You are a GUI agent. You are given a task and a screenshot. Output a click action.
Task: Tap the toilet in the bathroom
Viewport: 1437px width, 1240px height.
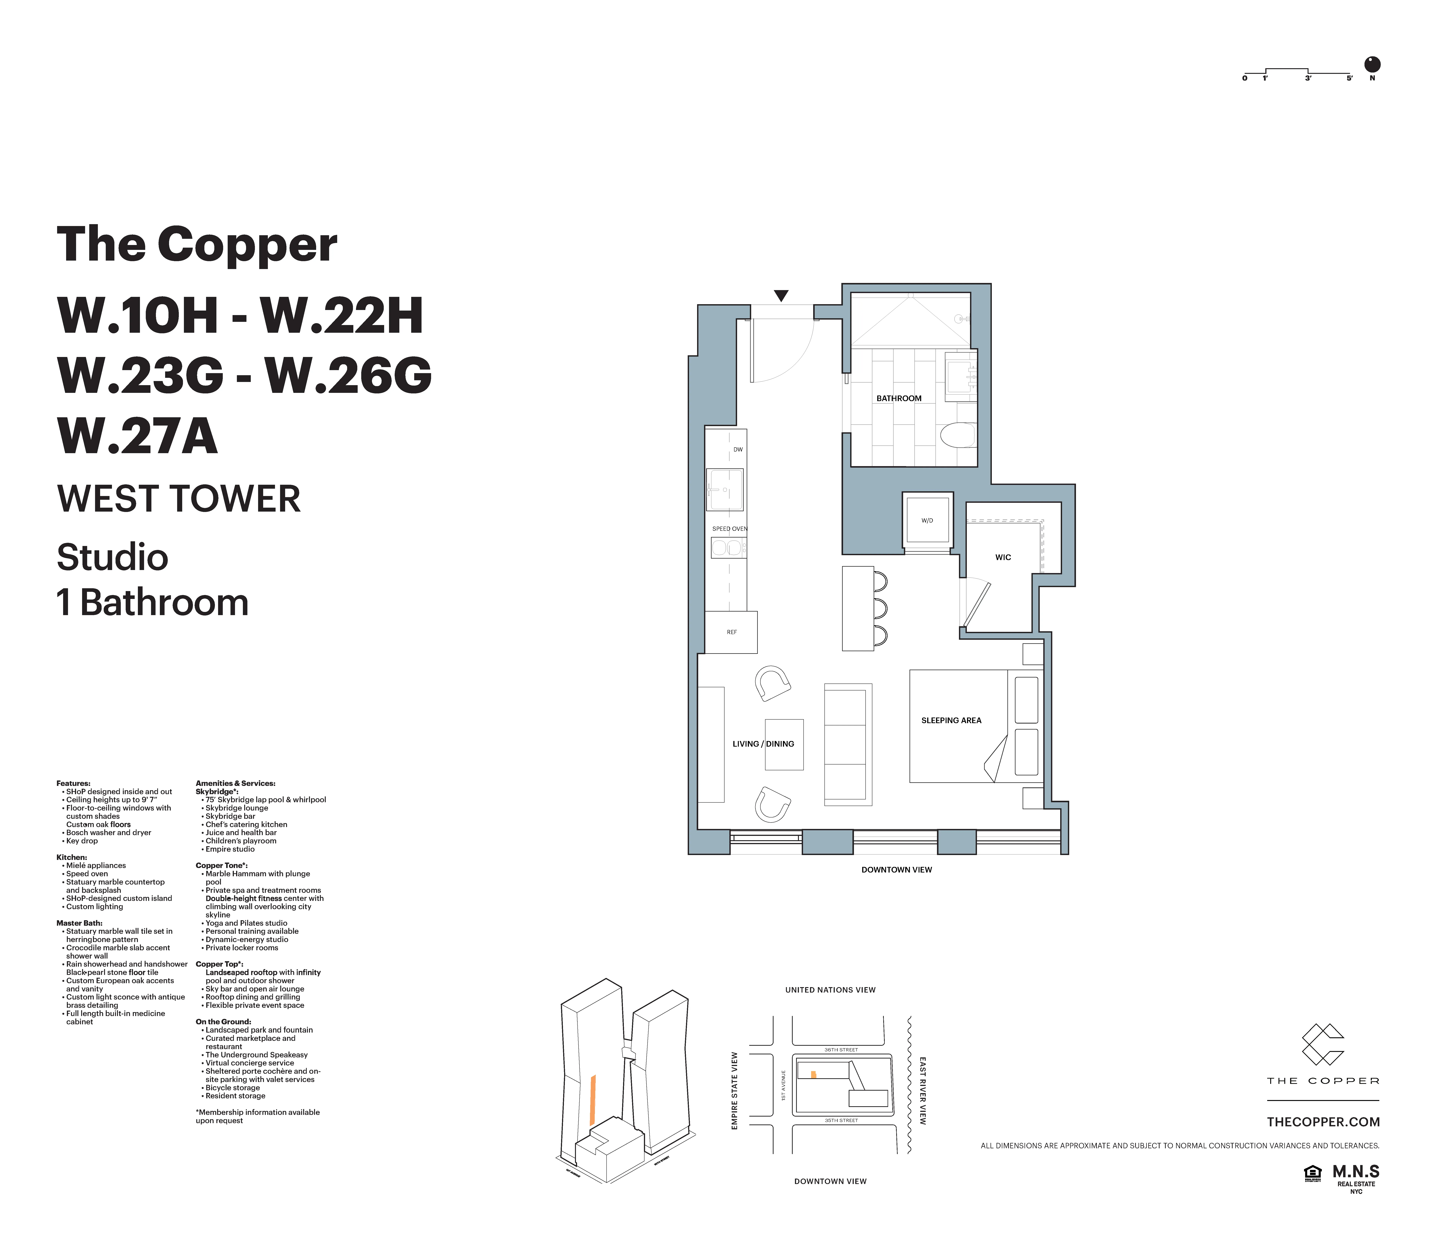[957, 436]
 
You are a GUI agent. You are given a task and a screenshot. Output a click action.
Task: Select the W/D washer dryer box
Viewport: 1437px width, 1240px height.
[927, 520]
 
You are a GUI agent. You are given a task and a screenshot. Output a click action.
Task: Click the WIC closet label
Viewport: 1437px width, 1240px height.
[1003, 557]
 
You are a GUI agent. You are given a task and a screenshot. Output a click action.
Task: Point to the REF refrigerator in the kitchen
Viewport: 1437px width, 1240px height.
[731, 632]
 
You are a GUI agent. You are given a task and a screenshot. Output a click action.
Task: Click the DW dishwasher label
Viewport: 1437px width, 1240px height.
[738, 449]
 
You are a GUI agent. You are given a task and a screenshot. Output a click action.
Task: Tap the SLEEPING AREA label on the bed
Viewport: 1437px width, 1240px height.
[951, 721]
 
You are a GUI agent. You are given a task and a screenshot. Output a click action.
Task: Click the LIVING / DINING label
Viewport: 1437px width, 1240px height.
[763, 743]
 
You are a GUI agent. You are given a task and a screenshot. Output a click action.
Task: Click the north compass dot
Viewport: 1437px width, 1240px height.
[1372, 64]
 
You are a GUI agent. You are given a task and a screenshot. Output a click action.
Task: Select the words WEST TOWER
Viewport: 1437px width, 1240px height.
[179, 499]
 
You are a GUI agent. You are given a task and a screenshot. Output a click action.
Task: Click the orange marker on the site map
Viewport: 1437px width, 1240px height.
[814, 1075]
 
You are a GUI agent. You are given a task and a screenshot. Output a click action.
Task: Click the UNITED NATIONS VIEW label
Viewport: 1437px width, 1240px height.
[830, 990]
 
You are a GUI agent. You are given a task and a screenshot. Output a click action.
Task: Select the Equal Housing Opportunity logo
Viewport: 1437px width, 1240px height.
[1312, 1172]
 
